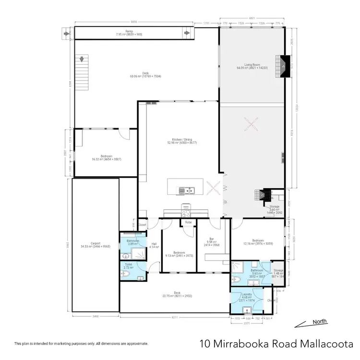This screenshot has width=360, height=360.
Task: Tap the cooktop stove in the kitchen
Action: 186,214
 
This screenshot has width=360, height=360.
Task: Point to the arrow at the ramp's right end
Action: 187,33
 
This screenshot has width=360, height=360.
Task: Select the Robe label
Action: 188,223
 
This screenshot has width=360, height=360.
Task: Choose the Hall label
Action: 154,245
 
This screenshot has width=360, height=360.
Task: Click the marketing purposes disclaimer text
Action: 81,344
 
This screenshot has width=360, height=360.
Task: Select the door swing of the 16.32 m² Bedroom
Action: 125,134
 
